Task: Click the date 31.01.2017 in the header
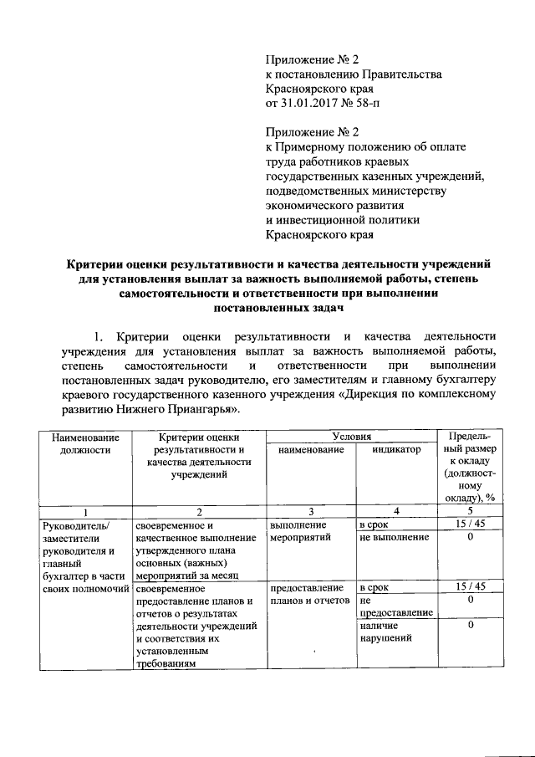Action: (312, 103)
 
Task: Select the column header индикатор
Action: (398, 450)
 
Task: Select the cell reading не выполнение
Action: (393, 536)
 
